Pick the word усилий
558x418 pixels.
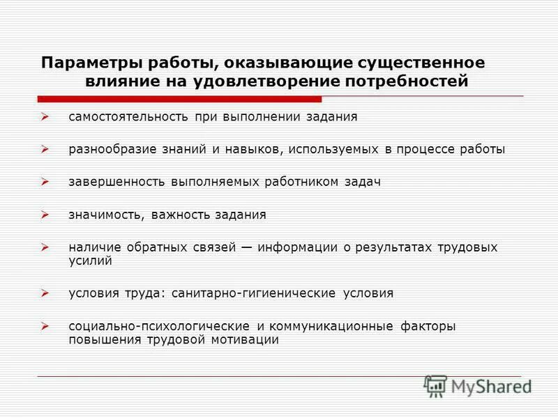(91, 261)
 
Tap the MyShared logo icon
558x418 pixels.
(436, 385)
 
